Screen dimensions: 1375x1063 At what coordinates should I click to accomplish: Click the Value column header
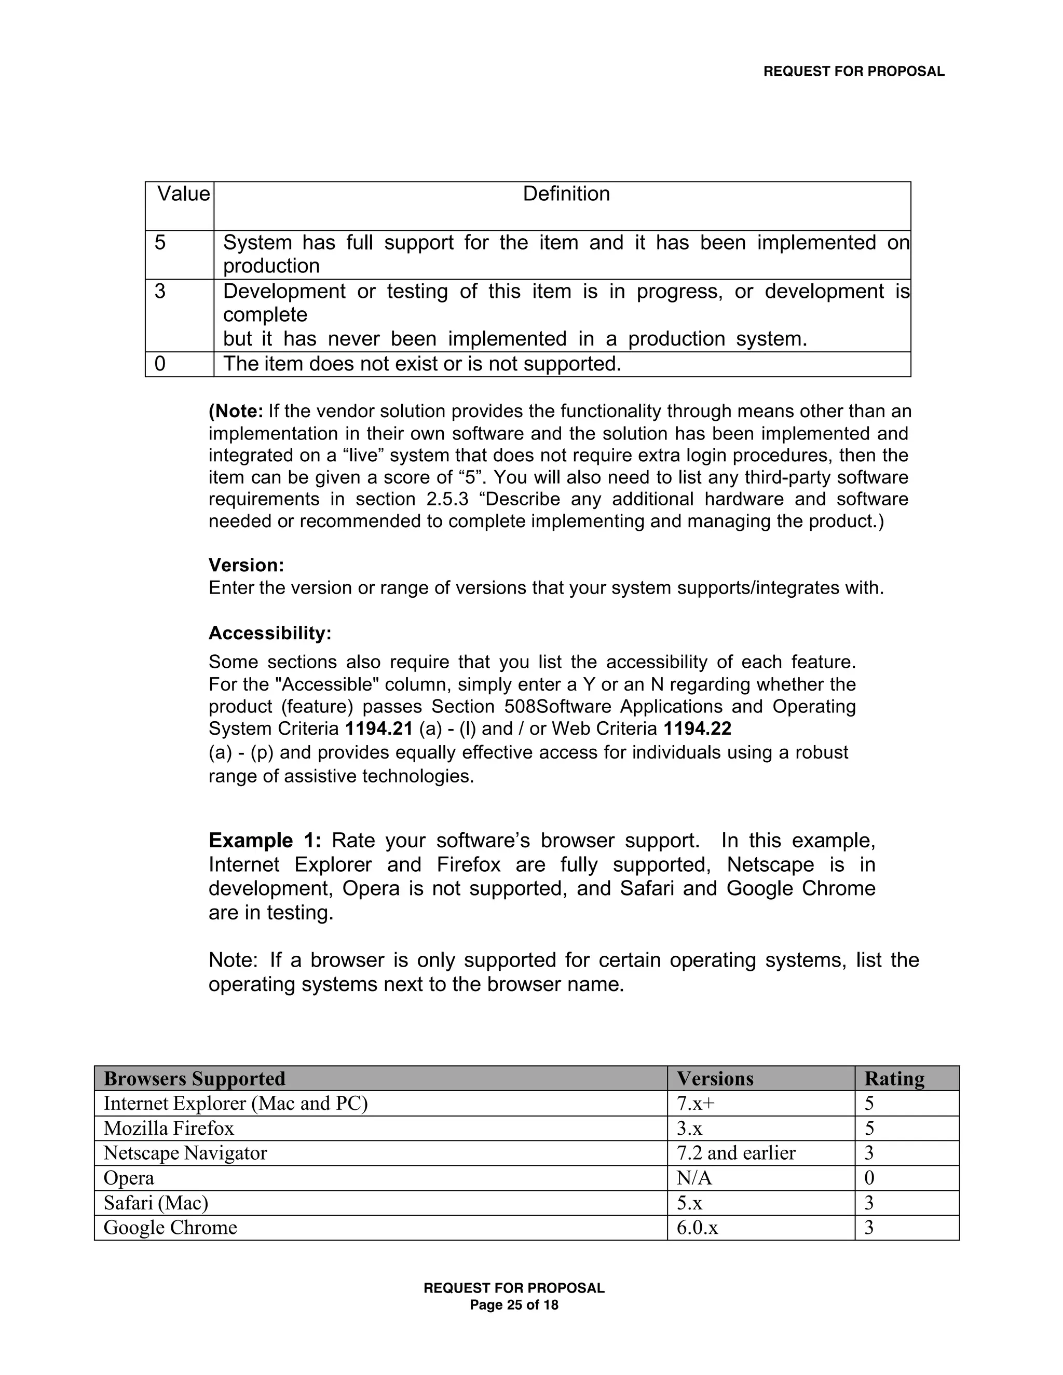(x=183, y=194)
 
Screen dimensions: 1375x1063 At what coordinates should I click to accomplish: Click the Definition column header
(x=566, y=194)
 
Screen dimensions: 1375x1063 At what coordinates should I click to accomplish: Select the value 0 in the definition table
(x=160, y=364)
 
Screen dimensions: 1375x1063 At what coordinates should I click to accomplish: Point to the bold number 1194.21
(x=378, y=728)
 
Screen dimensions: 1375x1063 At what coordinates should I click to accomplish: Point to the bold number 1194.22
(x=697, y=728)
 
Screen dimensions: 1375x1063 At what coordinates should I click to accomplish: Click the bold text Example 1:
(x=265, y=840)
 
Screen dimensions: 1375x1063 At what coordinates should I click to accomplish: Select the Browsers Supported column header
(x=194, y=1079)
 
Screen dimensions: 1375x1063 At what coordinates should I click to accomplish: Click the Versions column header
(x=715, y=1079)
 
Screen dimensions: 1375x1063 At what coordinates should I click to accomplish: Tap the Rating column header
(x=894, y=1079)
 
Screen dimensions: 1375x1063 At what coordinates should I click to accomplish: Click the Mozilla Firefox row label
(x=168, y=1128)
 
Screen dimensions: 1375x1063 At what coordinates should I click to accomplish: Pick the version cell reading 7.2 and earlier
(x=735, y=1153)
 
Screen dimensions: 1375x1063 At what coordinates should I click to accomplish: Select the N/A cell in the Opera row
(x=693, y=1178)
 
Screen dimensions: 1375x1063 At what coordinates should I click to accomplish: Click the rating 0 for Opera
(x=869, y=1178)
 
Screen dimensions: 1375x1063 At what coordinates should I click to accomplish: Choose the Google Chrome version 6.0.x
(x=697, y=1227)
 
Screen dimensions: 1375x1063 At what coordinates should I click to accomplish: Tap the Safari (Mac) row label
(x=156, y=1203)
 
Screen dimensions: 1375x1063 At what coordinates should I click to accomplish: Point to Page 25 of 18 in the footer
(x=514, y=1305)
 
